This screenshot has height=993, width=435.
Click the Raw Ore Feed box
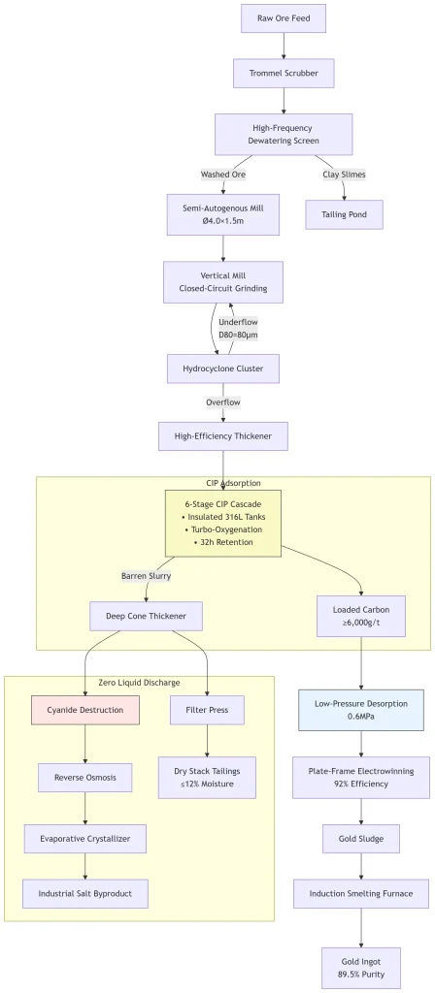pos(284,18)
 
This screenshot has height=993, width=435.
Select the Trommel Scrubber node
pos(284,74)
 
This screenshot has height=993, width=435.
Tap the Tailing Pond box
pos(345,214)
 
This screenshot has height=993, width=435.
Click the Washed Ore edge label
pos(223,175)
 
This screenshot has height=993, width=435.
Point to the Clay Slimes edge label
pos(345,175)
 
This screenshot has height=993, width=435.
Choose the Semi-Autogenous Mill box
pos(223,214)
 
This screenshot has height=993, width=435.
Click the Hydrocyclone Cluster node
pos(223,368)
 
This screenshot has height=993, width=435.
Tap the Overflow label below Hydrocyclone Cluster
pos(223,402)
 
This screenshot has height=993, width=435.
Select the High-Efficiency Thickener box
pos(223,436)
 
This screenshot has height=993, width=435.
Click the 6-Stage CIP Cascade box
pos(223,523)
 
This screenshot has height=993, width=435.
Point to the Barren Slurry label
pos(146,576)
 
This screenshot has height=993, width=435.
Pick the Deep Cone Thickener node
pos(147,616)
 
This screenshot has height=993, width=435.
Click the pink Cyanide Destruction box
pos(85,710)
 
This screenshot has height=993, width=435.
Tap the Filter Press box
pos(208,710)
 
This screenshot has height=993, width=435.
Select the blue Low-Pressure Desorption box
pos(361,710)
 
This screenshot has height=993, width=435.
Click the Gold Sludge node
pos(361,839)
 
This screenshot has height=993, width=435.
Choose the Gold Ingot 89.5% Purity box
pos(361,968)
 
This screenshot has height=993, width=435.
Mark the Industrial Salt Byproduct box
pos(85,893)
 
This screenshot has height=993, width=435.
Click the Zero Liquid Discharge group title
pos(140,682)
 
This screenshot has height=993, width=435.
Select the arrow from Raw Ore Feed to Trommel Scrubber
pos(284,46)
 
